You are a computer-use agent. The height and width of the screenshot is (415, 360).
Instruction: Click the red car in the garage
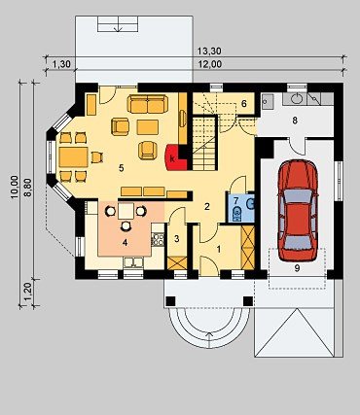click(298, 210)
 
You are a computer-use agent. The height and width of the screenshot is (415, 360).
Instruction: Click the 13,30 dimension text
click(209, 52)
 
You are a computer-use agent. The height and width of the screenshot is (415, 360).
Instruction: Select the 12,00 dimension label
click(209, 64)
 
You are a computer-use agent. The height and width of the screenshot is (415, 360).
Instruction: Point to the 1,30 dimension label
click(61, 64)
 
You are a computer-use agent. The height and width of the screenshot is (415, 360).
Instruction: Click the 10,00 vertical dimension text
click(14, 187)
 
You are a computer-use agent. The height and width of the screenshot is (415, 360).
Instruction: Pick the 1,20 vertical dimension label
click(28, 292)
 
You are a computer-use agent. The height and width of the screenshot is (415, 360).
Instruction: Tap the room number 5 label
click(122, 168)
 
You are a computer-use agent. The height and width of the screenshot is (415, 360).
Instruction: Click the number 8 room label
click(295, 121)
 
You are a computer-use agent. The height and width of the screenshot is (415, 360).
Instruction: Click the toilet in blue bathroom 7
click(237, 213)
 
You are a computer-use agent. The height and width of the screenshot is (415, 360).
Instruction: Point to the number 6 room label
click(244, 104)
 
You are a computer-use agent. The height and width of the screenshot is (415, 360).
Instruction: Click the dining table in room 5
click(74, 157)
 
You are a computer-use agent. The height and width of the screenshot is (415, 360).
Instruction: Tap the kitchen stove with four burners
click(158, 239)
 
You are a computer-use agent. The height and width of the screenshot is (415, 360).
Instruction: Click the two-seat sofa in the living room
click(148, 104)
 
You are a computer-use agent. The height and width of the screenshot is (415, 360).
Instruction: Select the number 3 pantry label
click(176, 239)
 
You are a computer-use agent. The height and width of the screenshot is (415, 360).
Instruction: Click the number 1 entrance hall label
click(219, 249)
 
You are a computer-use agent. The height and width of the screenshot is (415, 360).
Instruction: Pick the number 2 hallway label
click(207, 206)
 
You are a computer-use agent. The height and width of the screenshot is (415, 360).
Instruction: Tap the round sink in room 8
click(297, 98)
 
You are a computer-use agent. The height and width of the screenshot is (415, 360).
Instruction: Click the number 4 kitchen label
click(126, 243)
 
